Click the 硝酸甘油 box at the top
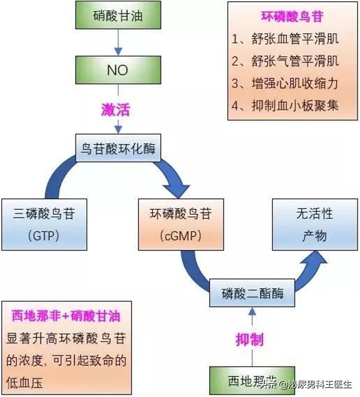coord(118,16)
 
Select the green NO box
coord(118,71)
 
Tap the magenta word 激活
coord(116,109)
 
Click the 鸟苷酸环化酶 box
coord(118,149)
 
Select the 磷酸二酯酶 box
coord(253,294)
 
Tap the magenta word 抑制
coord(249,339)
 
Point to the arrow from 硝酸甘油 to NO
coord(118,43)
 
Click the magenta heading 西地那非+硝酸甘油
coord(66,316)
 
